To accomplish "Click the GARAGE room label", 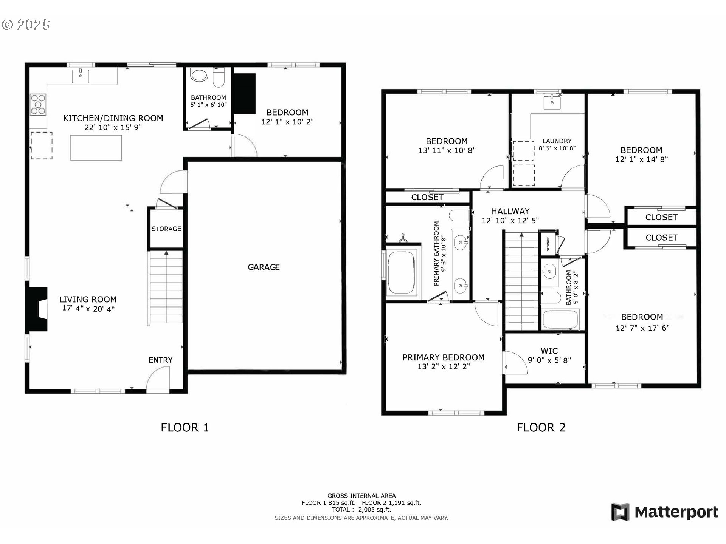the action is point(264,267).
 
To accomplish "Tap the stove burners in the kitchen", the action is point(38,104).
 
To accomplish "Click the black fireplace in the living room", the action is point(36,309).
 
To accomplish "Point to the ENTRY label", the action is point(160,360).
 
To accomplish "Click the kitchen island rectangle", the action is point(96,148).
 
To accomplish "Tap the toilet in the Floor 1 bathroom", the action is point(219,77).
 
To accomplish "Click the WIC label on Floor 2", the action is point(549,351).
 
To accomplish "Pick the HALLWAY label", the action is point(510,211).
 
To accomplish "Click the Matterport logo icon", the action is point(621,512).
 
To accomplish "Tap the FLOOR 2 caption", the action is point(541,428).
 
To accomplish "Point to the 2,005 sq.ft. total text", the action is point(374,510).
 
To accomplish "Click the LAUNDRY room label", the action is point(557,141).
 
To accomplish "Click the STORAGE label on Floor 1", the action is point(166,229).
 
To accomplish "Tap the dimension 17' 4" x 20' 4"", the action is point(88,309).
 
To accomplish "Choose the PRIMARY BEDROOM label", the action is point(444,357).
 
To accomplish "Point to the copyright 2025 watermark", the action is point(26,25).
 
